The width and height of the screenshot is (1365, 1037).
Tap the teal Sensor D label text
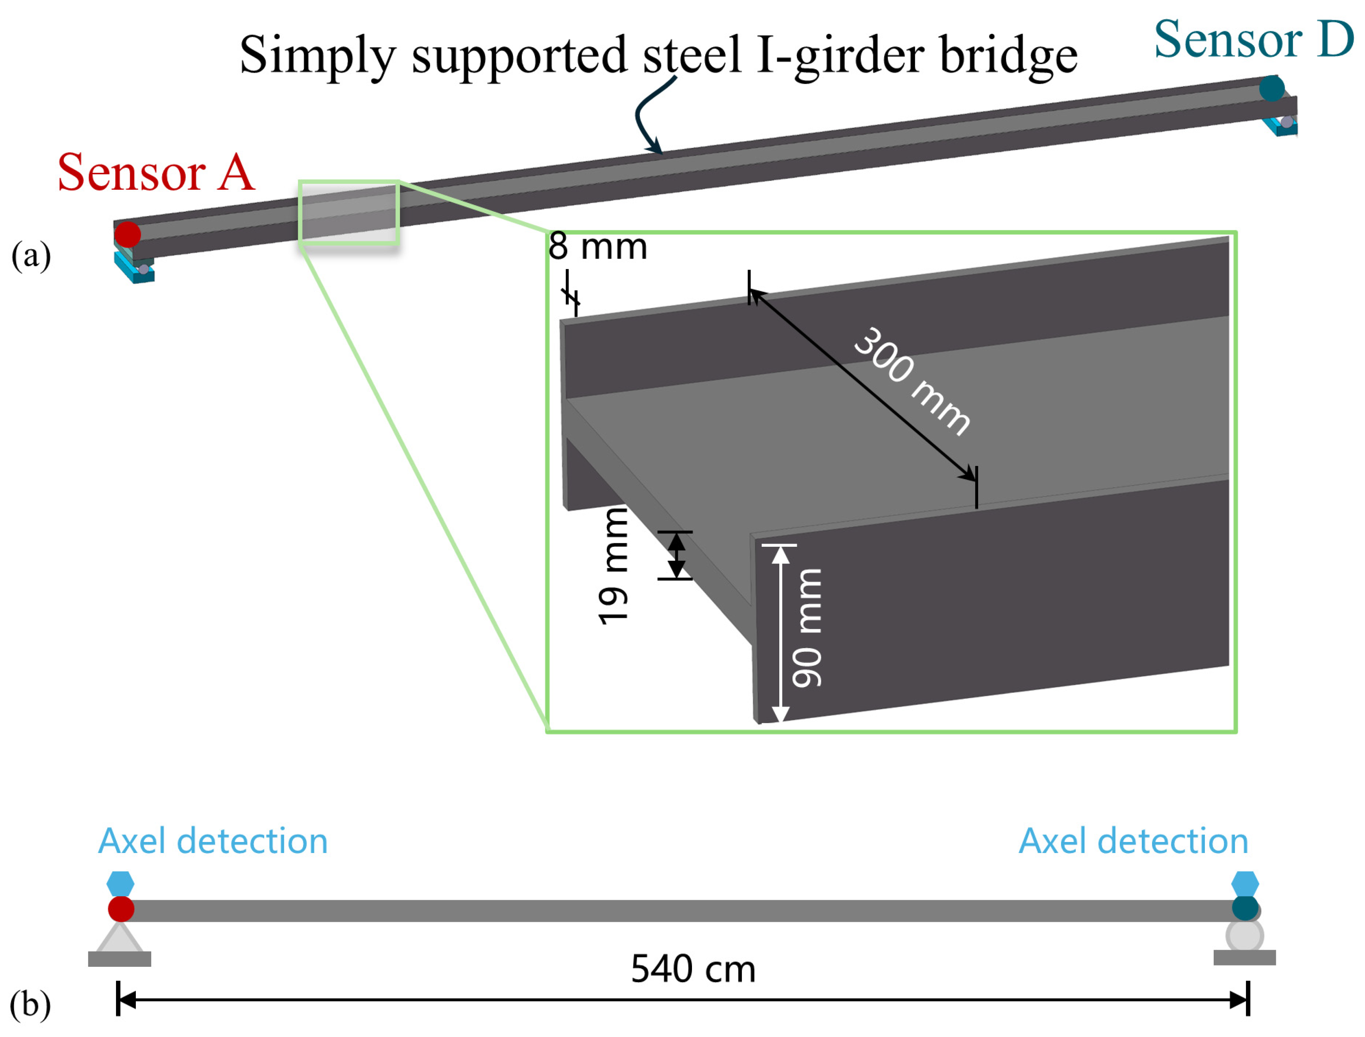point(1254,39)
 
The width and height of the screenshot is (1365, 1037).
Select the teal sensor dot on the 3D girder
point(1272,88)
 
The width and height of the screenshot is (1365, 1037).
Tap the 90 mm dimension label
point(807,628)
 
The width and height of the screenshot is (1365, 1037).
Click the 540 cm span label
point(693,969)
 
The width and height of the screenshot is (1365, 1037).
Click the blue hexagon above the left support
point(120,884)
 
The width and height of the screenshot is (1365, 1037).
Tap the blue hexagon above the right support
point(1245,884)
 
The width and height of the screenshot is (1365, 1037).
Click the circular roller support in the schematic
point(1245,936)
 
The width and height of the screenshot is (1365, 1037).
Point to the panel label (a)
point(31,255)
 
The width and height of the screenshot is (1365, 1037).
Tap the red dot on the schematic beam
point(121,909)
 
